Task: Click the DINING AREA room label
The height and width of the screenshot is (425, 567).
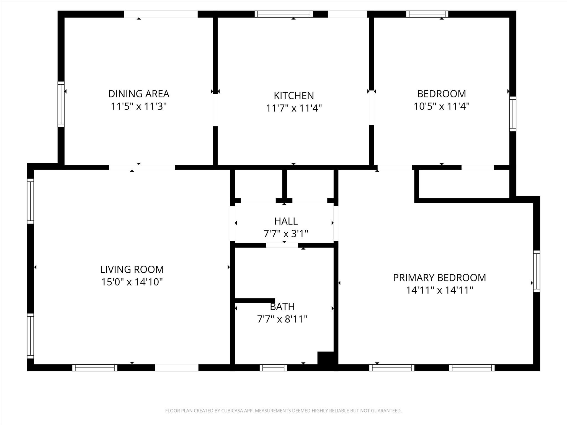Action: [x=138, y=94]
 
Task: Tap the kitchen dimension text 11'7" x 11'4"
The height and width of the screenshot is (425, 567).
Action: [x=294, y=108]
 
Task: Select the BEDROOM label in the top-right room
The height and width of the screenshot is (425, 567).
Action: [x=441, y=94]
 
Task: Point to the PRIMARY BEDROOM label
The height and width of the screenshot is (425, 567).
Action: [x=439, y=278]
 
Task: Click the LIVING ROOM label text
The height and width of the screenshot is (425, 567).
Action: [x=132, y=269]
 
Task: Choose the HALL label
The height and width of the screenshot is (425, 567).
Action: [x=286, y=221]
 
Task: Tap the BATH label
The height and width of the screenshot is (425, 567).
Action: [x=282, y=307]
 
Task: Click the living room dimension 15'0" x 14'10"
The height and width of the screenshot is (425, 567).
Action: [x=132, y=282]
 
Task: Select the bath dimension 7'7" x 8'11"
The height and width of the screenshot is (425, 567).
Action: [x=282, y=319]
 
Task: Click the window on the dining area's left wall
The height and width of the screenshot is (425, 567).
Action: [x=61, y=104]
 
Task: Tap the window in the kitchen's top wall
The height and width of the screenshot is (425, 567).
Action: [x=284, y=14]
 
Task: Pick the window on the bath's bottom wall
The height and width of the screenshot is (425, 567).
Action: [x=273, y=368]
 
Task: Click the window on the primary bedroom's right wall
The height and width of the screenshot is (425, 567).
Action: [x=537, y=271]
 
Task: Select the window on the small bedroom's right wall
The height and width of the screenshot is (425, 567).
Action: [x=513, y=114]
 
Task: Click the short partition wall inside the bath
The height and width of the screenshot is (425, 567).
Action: [x=255, y=300]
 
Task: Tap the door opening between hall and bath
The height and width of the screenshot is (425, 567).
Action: [x=282, y=245]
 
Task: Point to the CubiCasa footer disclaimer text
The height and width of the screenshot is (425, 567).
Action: [x=283, y=411]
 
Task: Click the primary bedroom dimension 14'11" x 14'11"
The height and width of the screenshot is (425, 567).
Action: [x=439, y=290]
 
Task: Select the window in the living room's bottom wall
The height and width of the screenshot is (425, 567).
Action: [x=95, y=368]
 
